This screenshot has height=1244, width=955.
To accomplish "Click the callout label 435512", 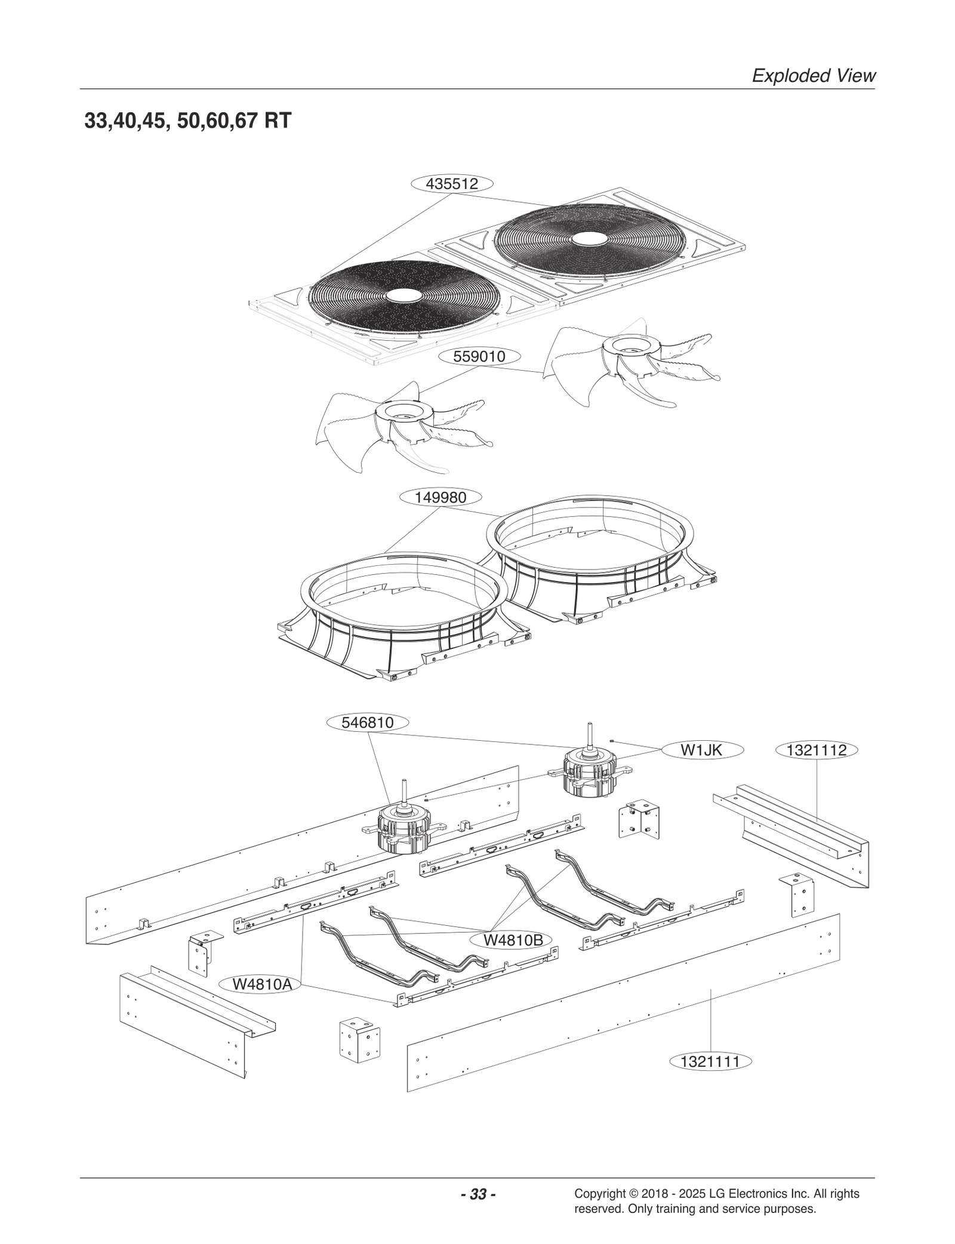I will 452,184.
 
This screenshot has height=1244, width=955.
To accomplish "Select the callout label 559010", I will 479,357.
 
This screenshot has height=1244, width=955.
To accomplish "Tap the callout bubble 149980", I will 440,497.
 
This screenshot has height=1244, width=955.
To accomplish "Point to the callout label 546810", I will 368,722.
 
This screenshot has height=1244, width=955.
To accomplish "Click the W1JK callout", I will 701,750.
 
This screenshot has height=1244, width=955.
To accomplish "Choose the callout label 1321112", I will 817,750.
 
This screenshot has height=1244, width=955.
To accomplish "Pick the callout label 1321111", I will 710,1061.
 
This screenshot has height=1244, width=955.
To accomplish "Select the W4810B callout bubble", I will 513,940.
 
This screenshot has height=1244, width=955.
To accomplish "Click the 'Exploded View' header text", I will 814,76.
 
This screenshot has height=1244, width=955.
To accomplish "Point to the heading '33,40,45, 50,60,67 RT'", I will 188,121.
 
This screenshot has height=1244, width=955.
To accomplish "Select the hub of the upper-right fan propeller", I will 629,343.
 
